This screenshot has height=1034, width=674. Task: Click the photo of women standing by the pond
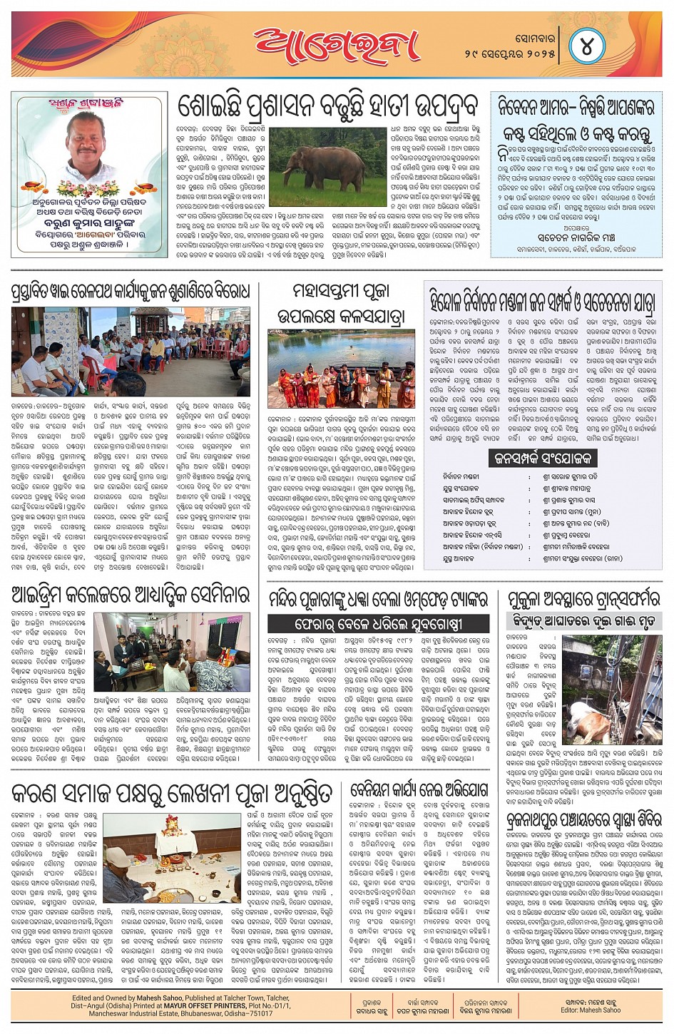tap(340, 369)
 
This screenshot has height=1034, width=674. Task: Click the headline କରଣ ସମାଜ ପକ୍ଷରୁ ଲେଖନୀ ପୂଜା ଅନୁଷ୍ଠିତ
tap(171, 793)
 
